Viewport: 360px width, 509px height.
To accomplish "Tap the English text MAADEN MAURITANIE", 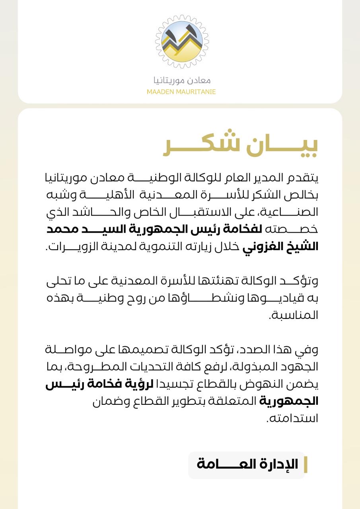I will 181,92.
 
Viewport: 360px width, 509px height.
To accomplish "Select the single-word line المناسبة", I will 294,316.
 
